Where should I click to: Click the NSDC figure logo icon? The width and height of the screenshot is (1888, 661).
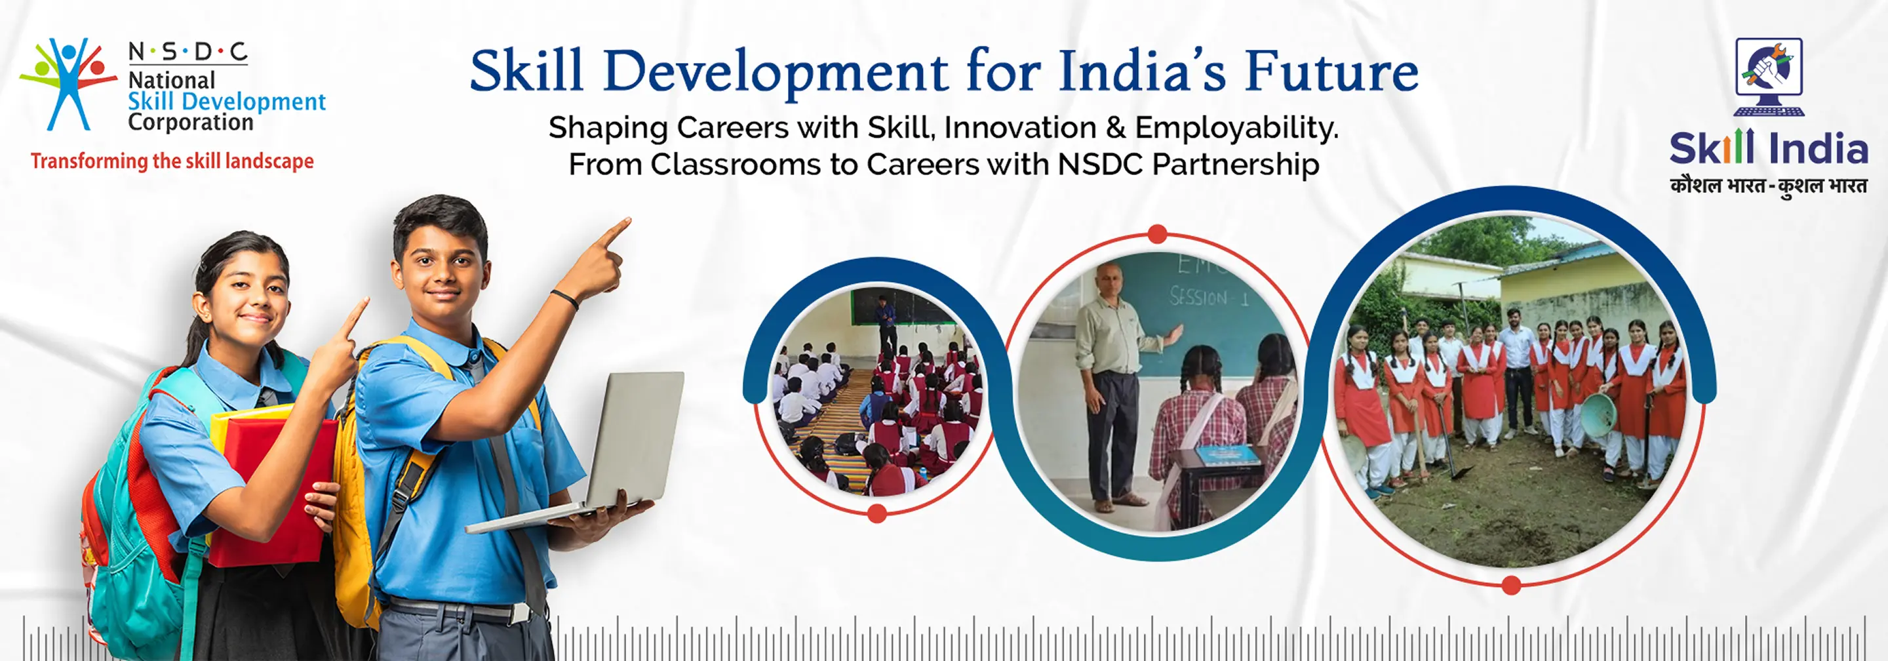click(68, 85)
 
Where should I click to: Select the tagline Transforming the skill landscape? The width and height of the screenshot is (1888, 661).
click(172, 161)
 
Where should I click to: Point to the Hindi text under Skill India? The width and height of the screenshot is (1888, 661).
click(1769, 186)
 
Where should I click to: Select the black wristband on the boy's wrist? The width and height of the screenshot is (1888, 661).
click(564, 298)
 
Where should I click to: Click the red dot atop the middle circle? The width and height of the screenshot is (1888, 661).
click(1157, 235)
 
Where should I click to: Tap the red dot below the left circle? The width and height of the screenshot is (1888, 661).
click(876, 513)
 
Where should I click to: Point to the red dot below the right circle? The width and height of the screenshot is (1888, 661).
click(1510, 585)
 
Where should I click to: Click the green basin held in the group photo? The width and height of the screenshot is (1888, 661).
click(1598, 415)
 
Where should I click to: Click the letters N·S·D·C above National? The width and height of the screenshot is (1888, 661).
click(187, 52)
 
